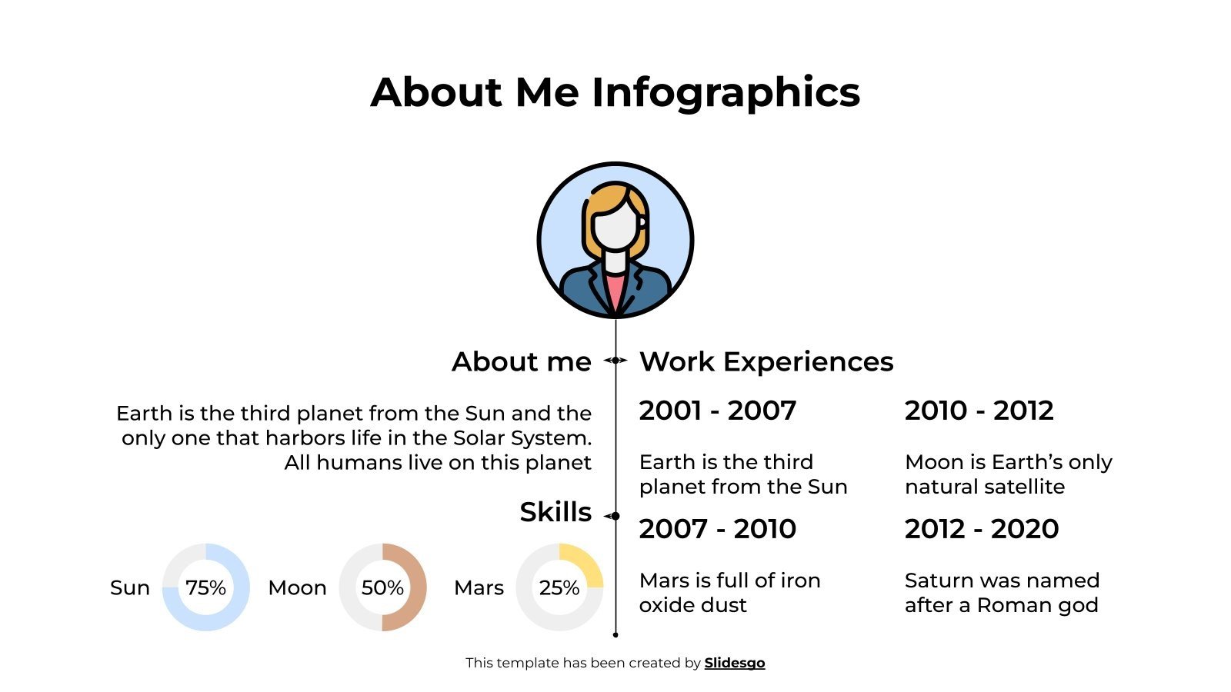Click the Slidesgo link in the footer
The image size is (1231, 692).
tap(734, 663)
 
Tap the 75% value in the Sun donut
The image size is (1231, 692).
tap(205, 587)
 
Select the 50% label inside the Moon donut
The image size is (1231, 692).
tap(382, 587)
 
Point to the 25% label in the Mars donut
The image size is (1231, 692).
tap(559, 587)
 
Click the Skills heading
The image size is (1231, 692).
tap(555, 512)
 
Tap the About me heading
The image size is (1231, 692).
tap(521, 361)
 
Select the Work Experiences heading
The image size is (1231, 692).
tap(766, 361)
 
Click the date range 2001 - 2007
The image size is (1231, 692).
tap(717, 411)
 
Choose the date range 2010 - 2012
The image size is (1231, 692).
tap(979, 411)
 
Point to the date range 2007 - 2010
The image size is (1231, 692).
tap(717, 529)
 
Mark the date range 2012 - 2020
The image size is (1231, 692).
tap(982, 529)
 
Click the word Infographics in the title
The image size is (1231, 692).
tap(726, 92)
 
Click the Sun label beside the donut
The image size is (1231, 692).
tap(130, 588)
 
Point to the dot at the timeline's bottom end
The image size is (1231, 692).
tap(615, 635)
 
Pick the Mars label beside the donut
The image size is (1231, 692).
tap(479, 588)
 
